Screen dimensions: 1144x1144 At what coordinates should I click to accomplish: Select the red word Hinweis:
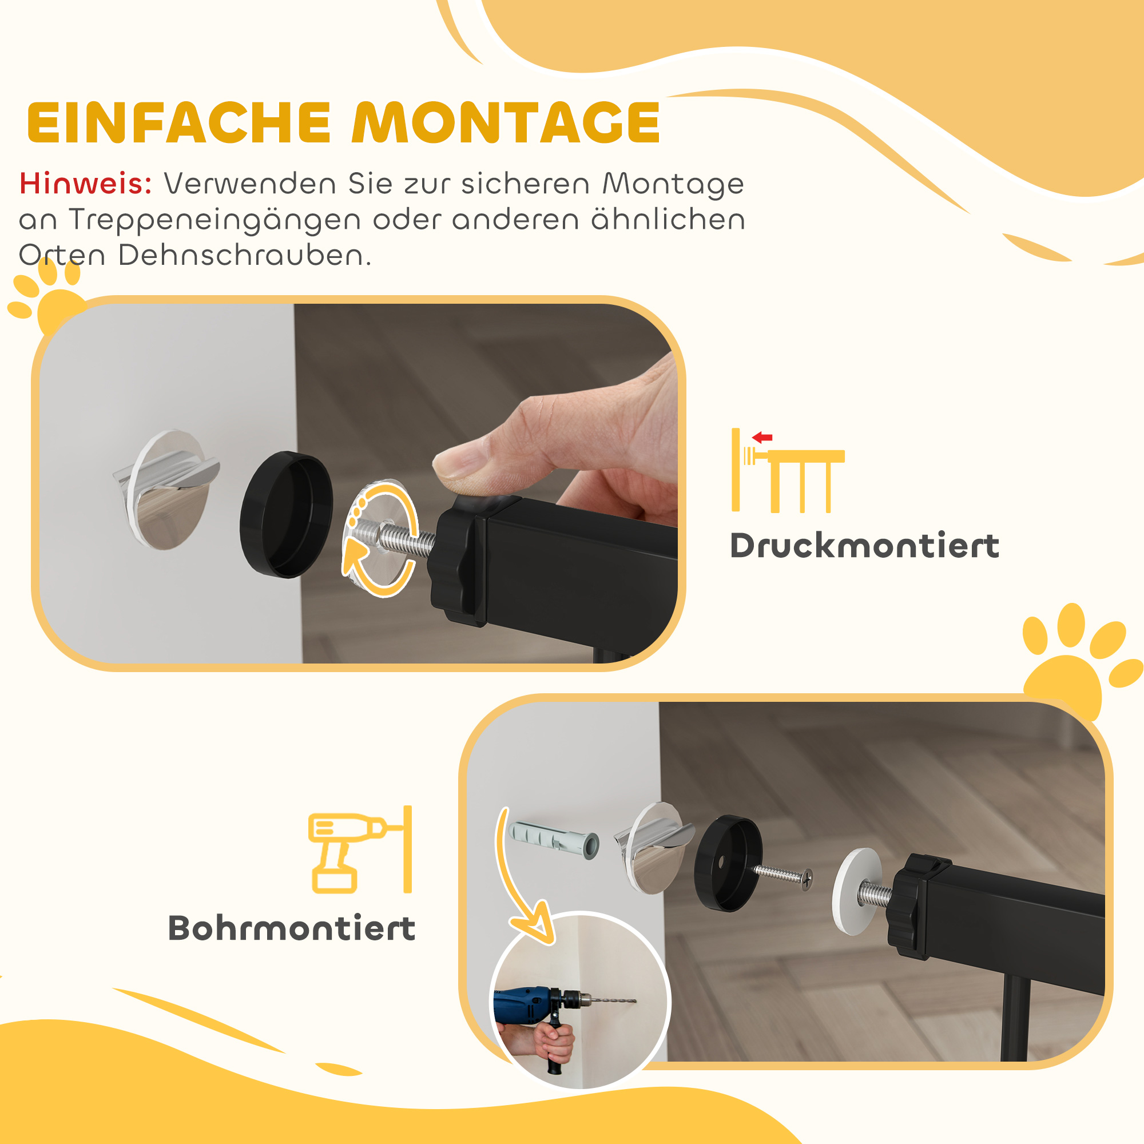point(85,184)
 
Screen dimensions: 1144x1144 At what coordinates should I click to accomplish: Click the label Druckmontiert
point(864,546)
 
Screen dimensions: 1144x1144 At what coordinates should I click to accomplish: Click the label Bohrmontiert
point(292,928)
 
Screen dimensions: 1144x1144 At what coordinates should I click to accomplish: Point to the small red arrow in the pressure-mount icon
point(762,438)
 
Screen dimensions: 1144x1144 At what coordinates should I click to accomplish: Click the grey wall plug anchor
point(553,840)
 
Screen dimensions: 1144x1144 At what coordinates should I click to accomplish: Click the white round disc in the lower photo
point(856,892)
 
